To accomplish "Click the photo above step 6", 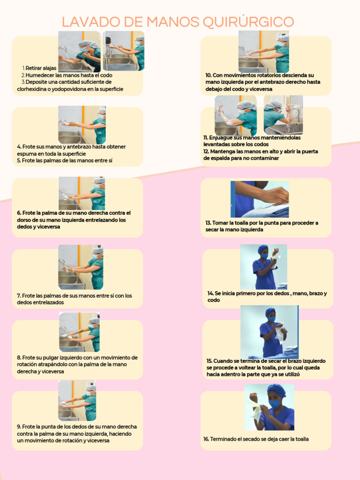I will point(82,193).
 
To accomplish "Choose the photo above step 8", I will point(79,332).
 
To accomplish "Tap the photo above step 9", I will point(77,401).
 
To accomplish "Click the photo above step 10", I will point(263,52).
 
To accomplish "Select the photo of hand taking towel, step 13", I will point(260,199).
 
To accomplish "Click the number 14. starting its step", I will point(210,293).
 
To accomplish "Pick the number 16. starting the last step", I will point(206,439).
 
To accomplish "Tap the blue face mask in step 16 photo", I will point(274,404).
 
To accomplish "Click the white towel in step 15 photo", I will point(279,334).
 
